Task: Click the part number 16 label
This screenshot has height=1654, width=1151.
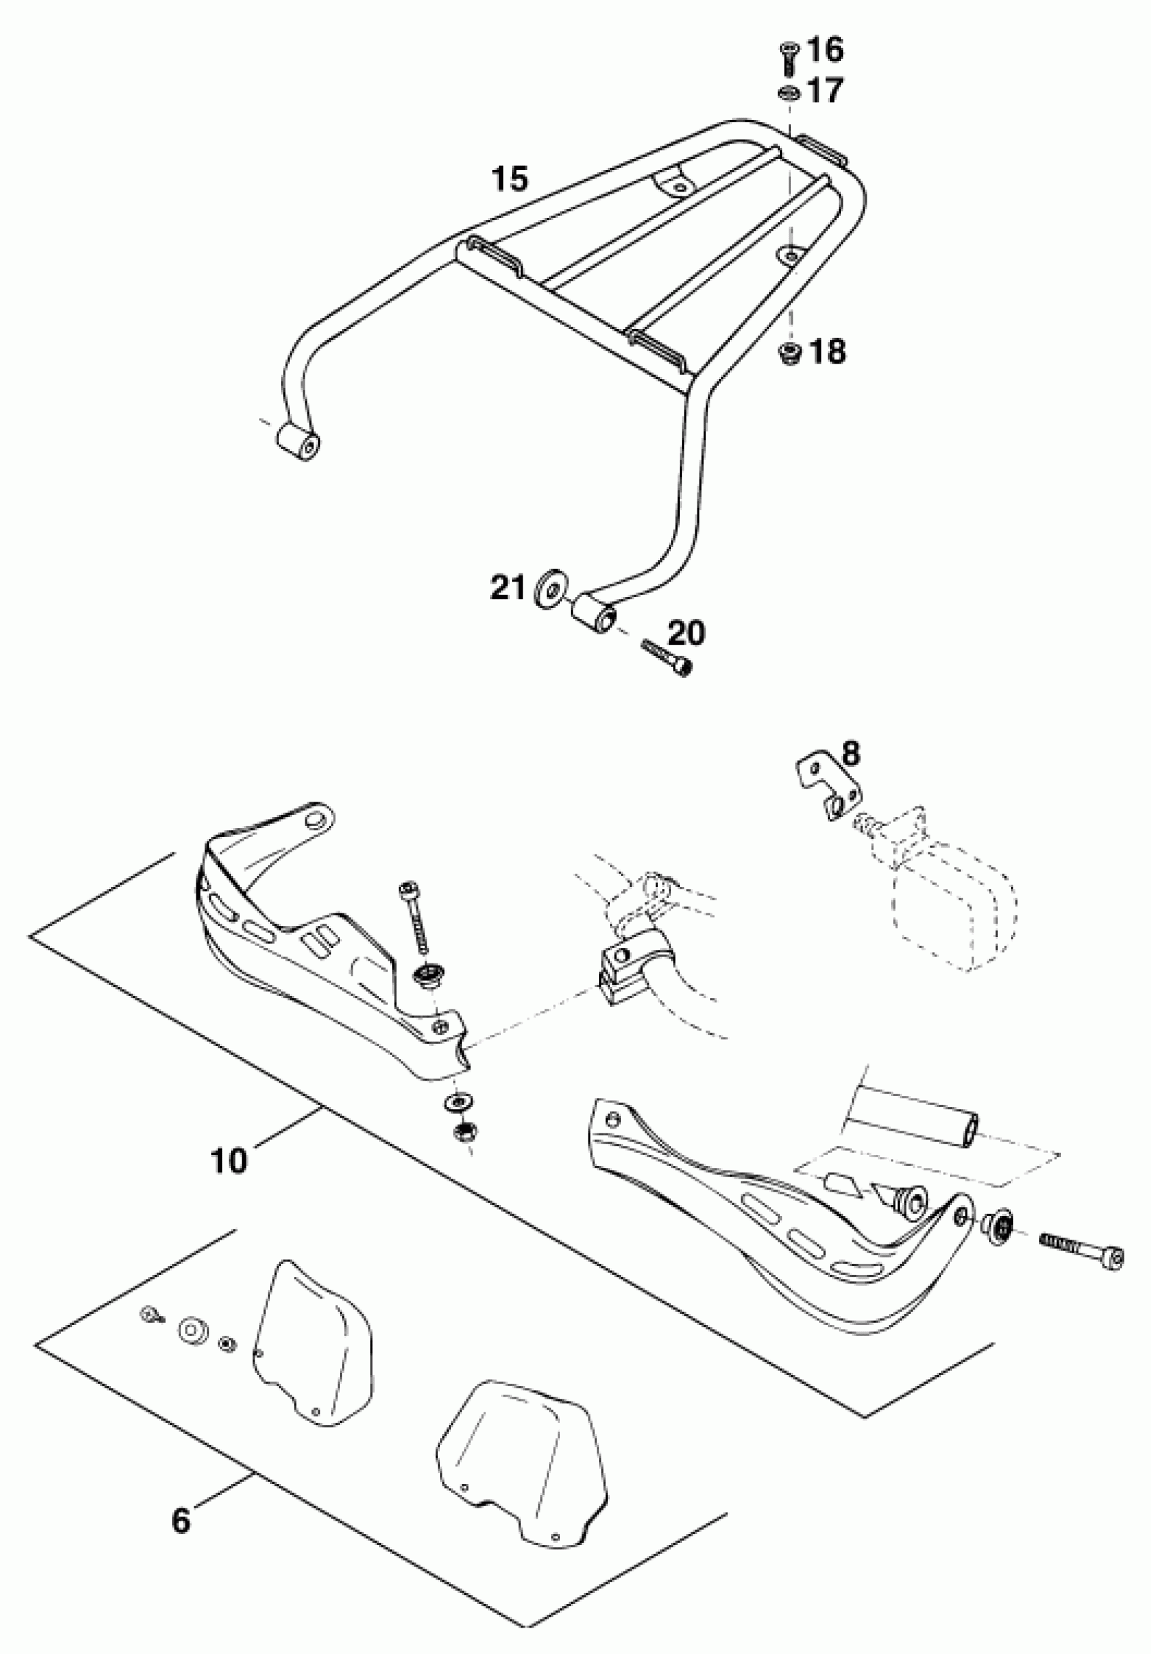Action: [825, 50]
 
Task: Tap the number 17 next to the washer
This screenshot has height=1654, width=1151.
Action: [824, 91]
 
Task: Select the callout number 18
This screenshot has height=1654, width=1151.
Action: [827, 351]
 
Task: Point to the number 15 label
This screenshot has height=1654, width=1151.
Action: [510, 178]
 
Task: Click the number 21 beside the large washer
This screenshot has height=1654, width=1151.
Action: [508, 587]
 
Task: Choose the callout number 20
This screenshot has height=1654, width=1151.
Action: [686, 633]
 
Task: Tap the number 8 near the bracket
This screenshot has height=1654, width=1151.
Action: [850, 754]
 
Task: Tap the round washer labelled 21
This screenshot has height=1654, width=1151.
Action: [551, 590]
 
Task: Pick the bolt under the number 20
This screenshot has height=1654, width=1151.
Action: [666, 657]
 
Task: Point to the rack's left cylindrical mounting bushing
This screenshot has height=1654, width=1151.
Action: [297, 441]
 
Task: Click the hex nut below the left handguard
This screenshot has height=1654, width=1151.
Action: [459, 1134]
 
